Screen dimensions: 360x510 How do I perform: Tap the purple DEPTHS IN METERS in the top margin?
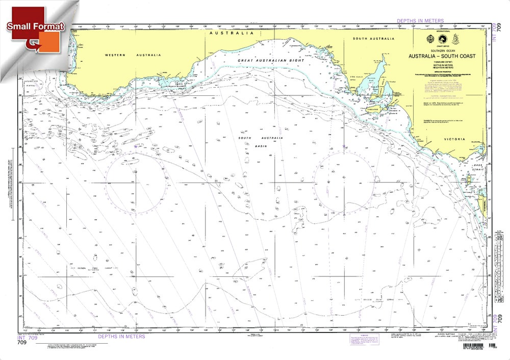[420, 21]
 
